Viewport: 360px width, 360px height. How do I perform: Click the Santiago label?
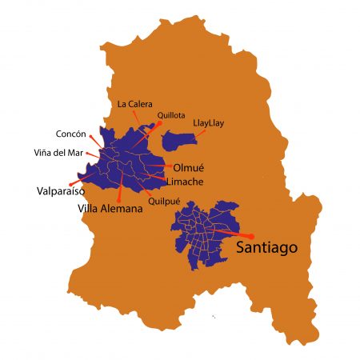[x=266, y=249]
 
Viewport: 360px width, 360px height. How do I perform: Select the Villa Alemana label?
[x=110, y=209]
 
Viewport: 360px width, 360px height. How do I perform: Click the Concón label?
[x=70, y=134]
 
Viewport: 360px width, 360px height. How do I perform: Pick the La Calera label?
[x=133, y=104]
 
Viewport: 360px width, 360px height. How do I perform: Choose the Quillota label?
[x=172, y=115]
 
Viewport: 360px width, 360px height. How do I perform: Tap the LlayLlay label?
[x=212, y=124]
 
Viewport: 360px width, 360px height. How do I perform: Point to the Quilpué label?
[x=165, y=202]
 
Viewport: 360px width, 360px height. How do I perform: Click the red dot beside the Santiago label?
[x=251, y=236]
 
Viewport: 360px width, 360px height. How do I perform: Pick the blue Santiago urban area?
[x=204, y=232]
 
